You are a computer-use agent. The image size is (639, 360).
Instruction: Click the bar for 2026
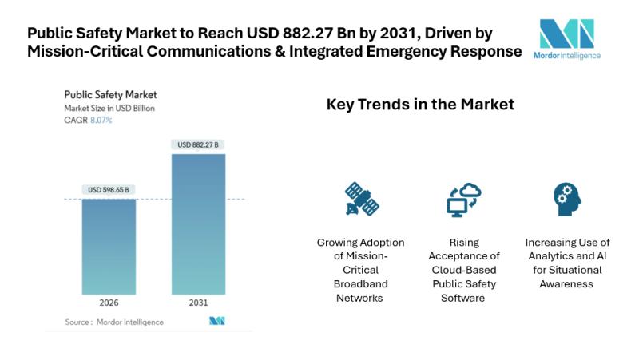[109, 247]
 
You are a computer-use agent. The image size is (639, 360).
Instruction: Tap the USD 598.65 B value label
[109, 190]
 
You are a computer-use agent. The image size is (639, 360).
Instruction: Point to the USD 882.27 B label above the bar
[198, 144]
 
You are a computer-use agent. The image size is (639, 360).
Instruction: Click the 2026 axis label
[109, 304]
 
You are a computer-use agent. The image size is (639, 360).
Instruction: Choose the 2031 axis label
[198, 304]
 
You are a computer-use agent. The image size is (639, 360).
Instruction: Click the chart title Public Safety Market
[111, 94]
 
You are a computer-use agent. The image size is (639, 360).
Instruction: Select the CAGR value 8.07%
[100, 120]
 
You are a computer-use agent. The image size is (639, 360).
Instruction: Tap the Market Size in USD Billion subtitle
[109, 108]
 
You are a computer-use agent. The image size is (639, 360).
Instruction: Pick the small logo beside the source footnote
[217, 321]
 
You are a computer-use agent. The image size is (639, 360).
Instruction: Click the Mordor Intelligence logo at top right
[567, 38]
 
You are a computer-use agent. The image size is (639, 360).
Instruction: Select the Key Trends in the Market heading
[420, 105]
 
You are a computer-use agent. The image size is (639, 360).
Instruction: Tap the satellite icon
[361, 200]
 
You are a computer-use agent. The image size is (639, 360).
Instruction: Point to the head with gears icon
[567, 200]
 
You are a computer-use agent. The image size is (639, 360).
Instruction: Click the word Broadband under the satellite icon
[361, 283]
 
